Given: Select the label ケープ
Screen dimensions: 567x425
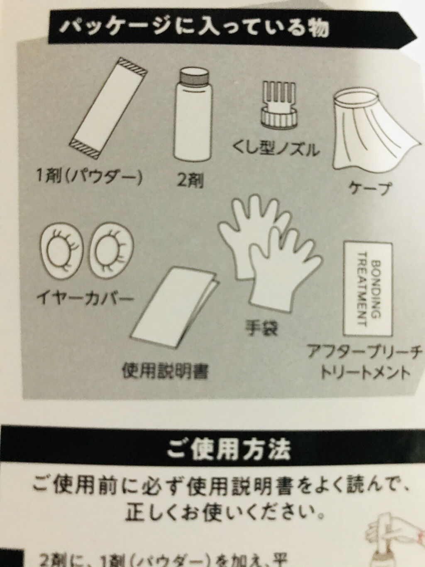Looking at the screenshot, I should (370, 189).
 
